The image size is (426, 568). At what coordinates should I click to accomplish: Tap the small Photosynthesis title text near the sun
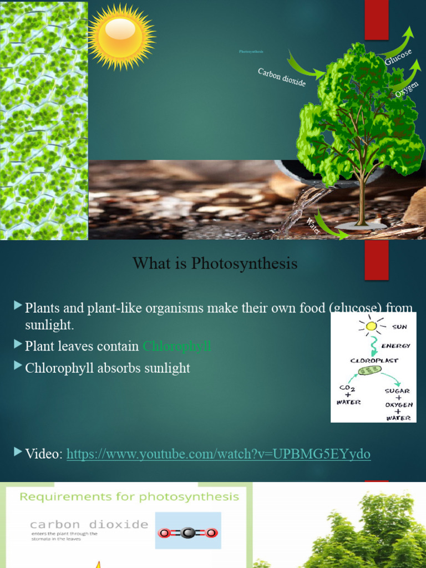pyautogui.click(x=251, y=52)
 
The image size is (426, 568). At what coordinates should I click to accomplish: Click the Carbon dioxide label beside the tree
pyautogui.click(x=282, y=77)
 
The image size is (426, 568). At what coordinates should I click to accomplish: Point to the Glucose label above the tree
pyautogui.click(x=398, y=57)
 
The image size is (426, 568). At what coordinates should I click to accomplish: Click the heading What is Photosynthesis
pyautogui.click(x=215, y=263)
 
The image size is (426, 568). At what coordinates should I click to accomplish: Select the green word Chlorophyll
pyautogui.click(x=177, y=347)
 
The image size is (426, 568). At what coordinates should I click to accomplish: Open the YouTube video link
pyautogui.click(x=218, y=454)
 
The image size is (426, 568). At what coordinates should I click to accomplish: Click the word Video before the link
pyautogui.click(x=43, y=454)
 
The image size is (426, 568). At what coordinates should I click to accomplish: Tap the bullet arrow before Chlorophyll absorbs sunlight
pyautogui.click(x=18, y=366)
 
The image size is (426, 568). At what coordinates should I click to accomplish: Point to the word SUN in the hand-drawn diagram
pyautogui.click(x=399, y=327)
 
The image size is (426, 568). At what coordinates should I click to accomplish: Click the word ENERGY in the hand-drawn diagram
pyautogui.click(x=395, y=346)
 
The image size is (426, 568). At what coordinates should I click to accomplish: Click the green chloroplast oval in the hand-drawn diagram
pyautogui.click(x=369, y=370)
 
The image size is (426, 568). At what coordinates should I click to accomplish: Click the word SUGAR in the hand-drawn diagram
pyautogui.click(x=397, y=390)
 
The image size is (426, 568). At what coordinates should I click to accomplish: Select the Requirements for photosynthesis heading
pyautogui.click(x=129, y=496)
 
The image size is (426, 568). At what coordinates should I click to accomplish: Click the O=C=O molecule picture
pyautogui.click(x=188, y=533)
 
